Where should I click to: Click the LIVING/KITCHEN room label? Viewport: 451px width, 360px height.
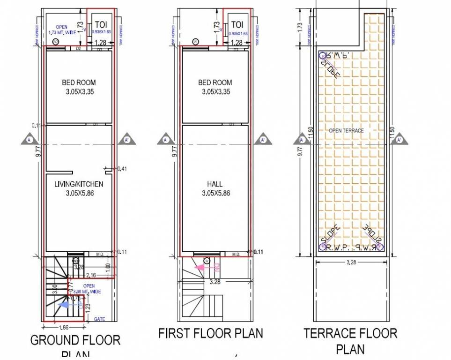point(78,184)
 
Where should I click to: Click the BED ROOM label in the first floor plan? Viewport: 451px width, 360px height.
point(215,82)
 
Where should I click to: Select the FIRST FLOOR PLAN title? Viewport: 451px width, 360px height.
point(210,333)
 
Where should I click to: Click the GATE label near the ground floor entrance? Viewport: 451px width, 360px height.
point(99,319)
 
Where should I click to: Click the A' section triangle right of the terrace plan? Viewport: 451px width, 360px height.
point(399,140)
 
